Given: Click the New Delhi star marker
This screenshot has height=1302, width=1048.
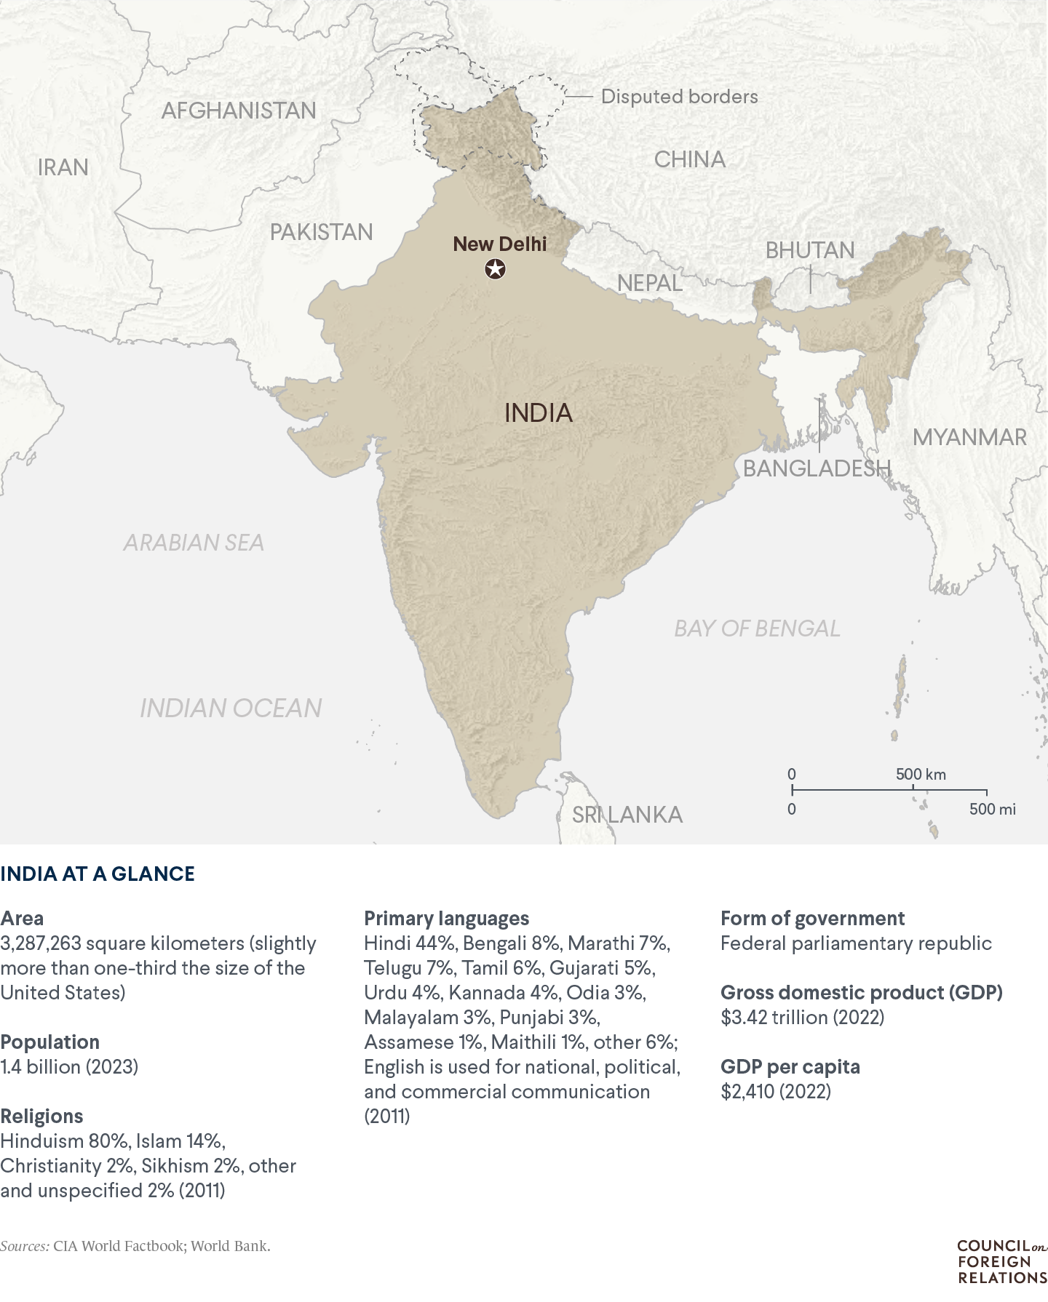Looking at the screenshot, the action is [496, 270].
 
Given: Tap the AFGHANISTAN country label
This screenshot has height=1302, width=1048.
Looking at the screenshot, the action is [239, 111].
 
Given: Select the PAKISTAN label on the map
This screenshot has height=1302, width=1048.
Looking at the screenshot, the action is [321, 232].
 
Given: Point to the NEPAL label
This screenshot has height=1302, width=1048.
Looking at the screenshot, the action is [650, 283].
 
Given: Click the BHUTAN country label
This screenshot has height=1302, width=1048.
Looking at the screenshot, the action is [810, 250].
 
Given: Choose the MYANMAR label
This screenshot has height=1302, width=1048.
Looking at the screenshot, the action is [969, 437].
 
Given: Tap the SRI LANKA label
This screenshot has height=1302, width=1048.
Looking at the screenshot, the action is [627, 815].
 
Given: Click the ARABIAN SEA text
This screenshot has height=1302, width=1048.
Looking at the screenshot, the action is [194, 543].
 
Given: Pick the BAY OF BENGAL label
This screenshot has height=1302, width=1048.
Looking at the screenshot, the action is [757, 628].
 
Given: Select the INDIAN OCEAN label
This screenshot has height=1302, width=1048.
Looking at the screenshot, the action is [231, 708].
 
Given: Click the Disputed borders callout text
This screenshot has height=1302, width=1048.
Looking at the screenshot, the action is [679, 97].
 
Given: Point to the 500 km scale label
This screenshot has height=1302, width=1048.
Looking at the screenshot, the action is [921, 774].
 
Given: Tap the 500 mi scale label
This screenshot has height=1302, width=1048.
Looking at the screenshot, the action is [992, 809].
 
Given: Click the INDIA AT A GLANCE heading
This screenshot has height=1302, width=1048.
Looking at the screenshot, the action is [98, 874].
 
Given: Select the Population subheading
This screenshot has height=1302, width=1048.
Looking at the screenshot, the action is [49, 1042].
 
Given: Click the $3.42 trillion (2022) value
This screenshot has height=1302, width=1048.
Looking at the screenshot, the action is [802, 1017].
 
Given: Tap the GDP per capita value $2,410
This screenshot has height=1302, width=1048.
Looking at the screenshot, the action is [775, 1091].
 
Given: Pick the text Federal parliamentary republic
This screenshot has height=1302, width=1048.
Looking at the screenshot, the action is [856, 943].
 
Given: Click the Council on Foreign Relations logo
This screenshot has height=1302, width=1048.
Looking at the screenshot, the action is [1001, 1261].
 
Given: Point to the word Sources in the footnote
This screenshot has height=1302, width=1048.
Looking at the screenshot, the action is [25, 1246].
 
